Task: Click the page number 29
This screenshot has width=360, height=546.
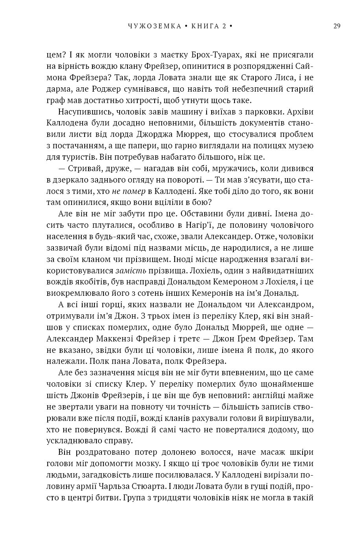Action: pos(337,26)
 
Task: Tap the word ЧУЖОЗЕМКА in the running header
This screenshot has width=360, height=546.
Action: pos(155,26)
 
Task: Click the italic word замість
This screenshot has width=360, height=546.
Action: pos(131,271)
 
